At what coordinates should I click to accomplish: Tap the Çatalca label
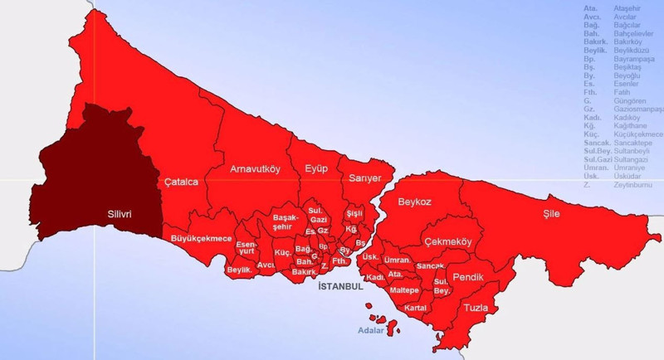[181, 182]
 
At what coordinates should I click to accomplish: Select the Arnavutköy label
[256, 169]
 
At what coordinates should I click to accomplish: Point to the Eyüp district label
[316, 169]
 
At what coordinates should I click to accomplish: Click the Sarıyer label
[365, 178]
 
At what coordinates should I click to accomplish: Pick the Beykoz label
[415, 201]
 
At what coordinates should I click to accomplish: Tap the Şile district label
[551, 213]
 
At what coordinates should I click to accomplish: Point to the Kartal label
[415, 308]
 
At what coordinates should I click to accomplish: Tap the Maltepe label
[404, 290]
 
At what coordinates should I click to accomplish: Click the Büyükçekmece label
[201, 239]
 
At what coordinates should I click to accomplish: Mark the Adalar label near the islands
[370, 329]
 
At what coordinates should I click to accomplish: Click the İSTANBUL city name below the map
[340, 286]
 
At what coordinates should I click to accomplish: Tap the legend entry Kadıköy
[627, 118]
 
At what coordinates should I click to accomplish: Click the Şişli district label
[354, 213]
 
